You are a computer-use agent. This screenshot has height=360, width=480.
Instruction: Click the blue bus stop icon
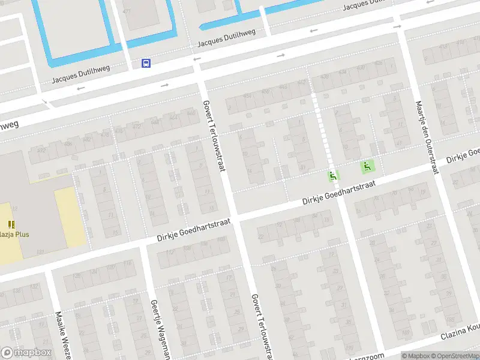click(x=146, y=63)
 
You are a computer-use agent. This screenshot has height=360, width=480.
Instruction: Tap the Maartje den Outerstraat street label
click(x=425, y=137)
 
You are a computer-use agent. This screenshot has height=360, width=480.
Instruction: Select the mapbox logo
click(x=26, y=353)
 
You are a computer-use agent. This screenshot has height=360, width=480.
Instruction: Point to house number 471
click(x=126, y=11)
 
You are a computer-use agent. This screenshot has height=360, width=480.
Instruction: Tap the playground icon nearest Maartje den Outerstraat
click(x=365, y=166)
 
